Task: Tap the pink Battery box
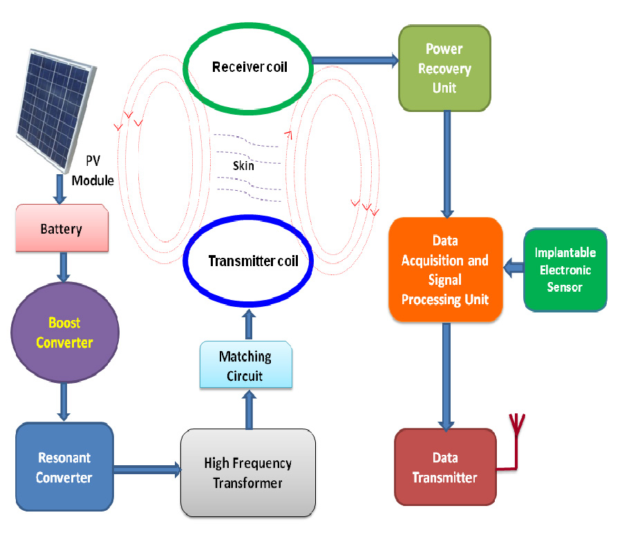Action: point(62,228)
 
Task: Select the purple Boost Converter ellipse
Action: point(64,332)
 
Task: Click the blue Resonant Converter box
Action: point(64,467)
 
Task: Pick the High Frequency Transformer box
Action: point(248,473)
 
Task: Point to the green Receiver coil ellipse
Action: point(249,67)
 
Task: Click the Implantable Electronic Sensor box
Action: point(565,270)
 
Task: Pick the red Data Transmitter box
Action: point(444,467)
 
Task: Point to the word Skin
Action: point(243,165)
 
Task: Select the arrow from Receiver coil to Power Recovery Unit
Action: point(355,61)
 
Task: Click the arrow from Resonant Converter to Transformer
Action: point(147,470)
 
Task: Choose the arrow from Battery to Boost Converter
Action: point(64,266)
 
